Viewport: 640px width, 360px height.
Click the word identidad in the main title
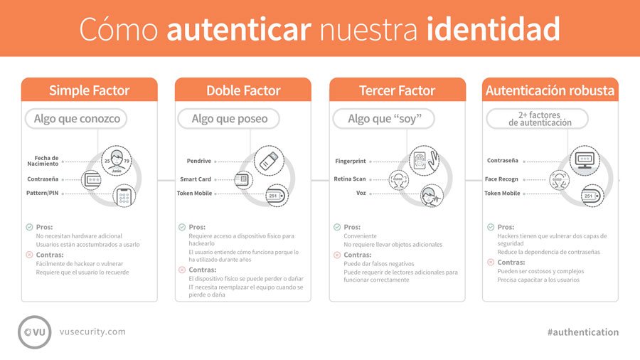point(494,29)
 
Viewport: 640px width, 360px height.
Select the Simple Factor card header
point(89,90)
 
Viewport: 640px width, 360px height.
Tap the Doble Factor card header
point(243,90)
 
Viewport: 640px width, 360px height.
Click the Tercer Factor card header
point(398,90)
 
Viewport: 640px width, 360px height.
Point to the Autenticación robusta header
point(551,90)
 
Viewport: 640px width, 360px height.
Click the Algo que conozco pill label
point(77,119)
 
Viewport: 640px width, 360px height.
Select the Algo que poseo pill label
point(230,119)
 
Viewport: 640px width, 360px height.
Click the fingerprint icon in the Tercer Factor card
point(423,160)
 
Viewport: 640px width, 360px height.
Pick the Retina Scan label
point(350,179)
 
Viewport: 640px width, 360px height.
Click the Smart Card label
point(196,179)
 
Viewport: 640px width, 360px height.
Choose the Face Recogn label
point(502,179)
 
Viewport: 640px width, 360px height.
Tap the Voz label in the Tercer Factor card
point(361,193)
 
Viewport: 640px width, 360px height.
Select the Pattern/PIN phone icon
point(124,196)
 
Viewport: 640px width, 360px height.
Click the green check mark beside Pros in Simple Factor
point(29,227)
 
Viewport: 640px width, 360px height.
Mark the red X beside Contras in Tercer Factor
point(337,255)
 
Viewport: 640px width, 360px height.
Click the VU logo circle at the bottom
point(35,332)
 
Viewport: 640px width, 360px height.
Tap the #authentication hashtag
point(583,332)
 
